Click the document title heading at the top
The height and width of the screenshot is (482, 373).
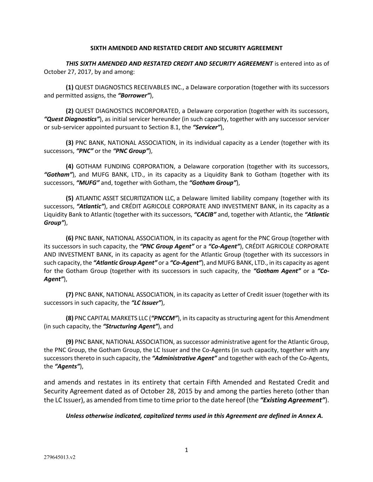pos(186,48)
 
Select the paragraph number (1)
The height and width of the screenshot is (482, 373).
pos(70,87)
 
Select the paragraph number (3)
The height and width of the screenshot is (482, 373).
pos(70,143)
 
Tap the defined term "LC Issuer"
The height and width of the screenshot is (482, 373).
pos(147,303)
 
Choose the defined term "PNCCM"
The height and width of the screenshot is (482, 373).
pos(165,318)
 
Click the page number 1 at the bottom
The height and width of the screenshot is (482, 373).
pos(186,450)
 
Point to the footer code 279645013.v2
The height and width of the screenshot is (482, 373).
pos(59,457)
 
